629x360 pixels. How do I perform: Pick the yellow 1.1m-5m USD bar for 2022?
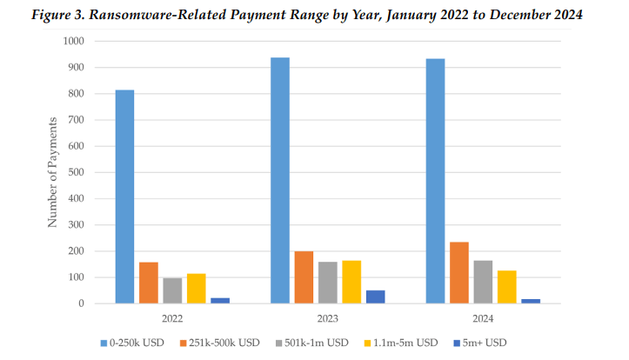tap(197, 289)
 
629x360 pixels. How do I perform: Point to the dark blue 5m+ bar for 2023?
tap(376, 297)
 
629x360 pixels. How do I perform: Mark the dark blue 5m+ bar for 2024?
tap(531, 301)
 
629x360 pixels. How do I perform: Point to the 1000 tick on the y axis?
tap(74, 41)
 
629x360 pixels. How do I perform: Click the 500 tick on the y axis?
tap(77, 172)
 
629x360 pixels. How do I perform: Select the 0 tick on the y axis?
tap(81, 303)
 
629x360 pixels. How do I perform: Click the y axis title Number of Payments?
tap(53, 171)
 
